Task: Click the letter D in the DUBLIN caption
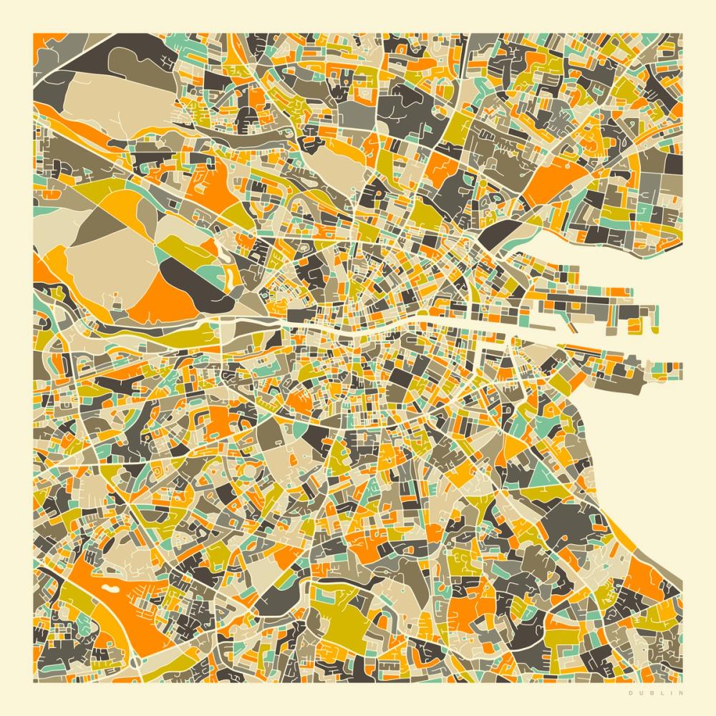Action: pyautogui.click(x=630, y=692)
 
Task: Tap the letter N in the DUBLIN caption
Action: pyautogui.click(x=681, y=692)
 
